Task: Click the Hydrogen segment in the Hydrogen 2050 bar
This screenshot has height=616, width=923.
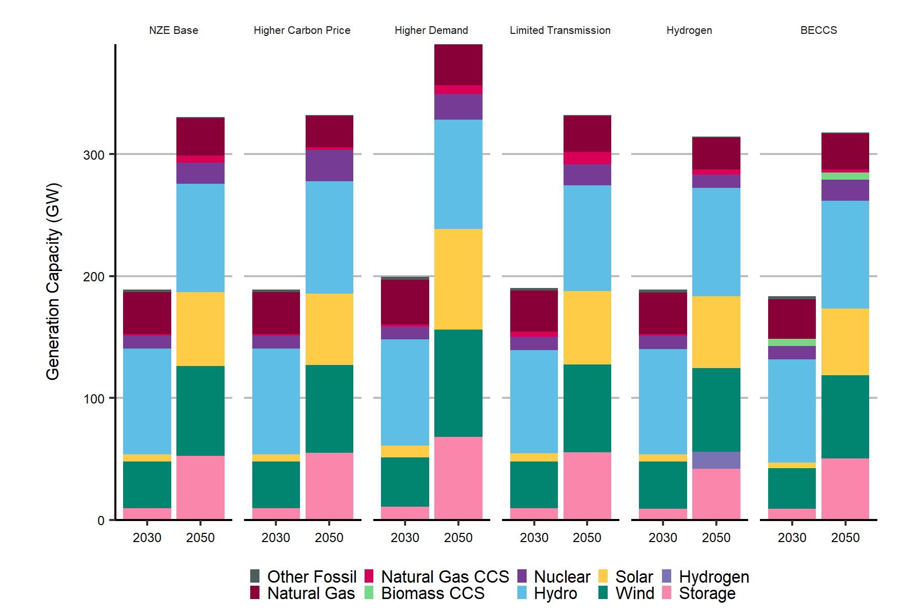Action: point(716,460)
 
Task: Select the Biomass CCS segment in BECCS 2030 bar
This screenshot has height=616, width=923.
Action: point(792,342)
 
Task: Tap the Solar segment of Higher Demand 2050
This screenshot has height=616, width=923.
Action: point(458,279)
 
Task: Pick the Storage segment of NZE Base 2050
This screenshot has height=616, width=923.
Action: point(200,487)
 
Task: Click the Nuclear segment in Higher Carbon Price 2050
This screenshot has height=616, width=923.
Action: point(329,165)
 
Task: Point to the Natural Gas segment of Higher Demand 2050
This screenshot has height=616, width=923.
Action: point(458,65)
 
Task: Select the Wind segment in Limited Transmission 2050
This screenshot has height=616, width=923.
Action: point(587,408)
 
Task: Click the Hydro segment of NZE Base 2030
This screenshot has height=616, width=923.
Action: point(147,401)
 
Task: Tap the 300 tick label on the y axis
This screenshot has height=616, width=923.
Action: point(94,155)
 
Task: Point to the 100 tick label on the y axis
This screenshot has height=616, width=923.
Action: point(94,399)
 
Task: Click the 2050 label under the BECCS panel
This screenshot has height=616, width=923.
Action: point(845,537)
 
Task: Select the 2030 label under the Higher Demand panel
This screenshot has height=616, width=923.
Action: point(405,537)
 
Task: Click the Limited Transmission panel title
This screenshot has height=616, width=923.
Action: point(560,30)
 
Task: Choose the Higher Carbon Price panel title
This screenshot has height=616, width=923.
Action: point(302,30)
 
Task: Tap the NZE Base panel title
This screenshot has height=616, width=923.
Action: point(173,30)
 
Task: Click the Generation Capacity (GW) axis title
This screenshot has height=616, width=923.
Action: point(53,281)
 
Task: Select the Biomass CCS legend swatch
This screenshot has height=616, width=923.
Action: point(369,593)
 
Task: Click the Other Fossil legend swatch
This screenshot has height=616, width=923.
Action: point(255,576)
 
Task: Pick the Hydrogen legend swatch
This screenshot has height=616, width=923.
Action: point(667,576)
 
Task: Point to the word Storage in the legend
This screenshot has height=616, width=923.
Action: point(707,593)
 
